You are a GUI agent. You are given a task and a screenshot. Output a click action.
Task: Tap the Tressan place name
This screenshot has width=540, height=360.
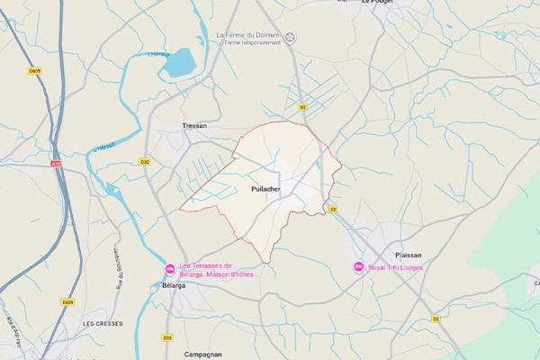coord(194,126)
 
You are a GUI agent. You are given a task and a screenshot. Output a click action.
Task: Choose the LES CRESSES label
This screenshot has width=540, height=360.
coord(102,322)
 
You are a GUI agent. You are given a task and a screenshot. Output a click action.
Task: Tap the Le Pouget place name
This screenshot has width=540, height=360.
coord(379,3)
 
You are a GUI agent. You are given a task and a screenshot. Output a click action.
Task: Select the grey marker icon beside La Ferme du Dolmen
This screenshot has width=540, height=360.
coord(291,37)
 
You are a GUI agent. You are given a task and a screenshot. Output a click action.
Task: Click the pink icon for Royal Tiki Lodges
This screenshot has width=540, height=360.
coord(358,266)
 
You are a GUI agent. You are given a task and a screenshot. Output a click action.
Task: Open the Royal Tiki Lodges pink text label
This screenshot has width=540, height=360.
coord(396,267)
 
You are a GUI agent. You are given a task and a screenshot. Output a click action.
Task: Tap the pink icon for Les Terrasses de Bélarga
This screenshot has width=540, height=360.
coord(169,268)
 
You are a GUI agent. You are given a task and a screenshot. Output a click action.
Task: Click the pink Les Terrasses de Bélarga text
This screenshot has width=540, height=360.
coord(219,269)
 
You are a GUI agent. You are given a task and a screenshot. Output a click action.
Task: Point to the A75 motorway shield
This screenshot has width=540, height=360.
coord(56,165)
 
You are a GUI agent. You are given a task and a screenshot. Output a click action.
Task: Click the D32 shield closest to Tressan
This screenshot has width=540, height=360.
coord(145,162)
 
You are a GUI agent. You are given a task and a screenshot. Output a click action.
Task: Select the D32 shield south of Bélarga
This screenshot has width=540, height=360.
coord(167,337)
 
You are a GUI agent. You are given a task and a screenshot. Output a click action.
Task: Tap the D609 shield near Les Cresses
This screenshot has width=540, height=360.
coord(67,301)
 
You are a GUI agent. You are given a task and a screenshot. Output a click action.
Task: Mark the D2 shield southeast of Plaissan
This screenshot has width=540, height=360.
coord(436,319)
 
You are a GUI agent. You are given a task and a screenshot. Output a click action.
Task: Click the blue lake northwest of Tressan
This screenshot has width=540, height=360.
coord(180,62)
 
